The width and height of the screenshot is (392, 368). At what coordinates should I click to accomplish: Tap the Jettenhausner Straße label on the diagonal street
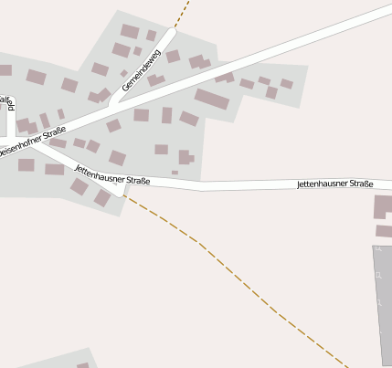click(x=111, y=174)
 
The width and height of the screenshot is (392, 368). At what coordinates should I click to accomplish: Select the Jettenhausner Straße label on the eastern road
click(x=334, y=184)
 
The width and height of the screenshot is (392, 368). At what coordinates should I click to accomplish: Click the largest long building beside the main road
click(x=212, y=99)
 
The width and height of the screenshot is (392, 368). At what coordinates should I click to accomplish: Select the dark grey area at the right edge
click(x=382, y=301)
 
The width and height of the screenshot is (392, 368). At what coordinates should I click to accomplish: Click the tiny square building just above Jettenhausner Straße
click(x=175, y=172)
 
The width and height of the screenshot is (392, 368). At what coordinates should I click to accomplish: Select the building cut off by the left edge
click(x=5, y=70)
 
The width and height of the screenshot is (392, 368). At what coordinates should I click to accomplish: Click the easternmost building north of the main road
click(x=286, y=84)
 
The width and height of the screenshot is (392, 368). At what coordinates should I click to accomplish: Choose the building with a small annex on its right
click(x=185, y=157)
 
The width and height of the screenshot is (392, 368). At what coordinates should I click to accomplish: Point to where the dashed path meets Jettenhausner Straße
click(x=124, y=195)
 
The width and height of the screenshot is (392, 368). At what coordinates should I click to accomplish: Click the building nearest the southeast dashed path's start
click(x=102, y=198)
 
